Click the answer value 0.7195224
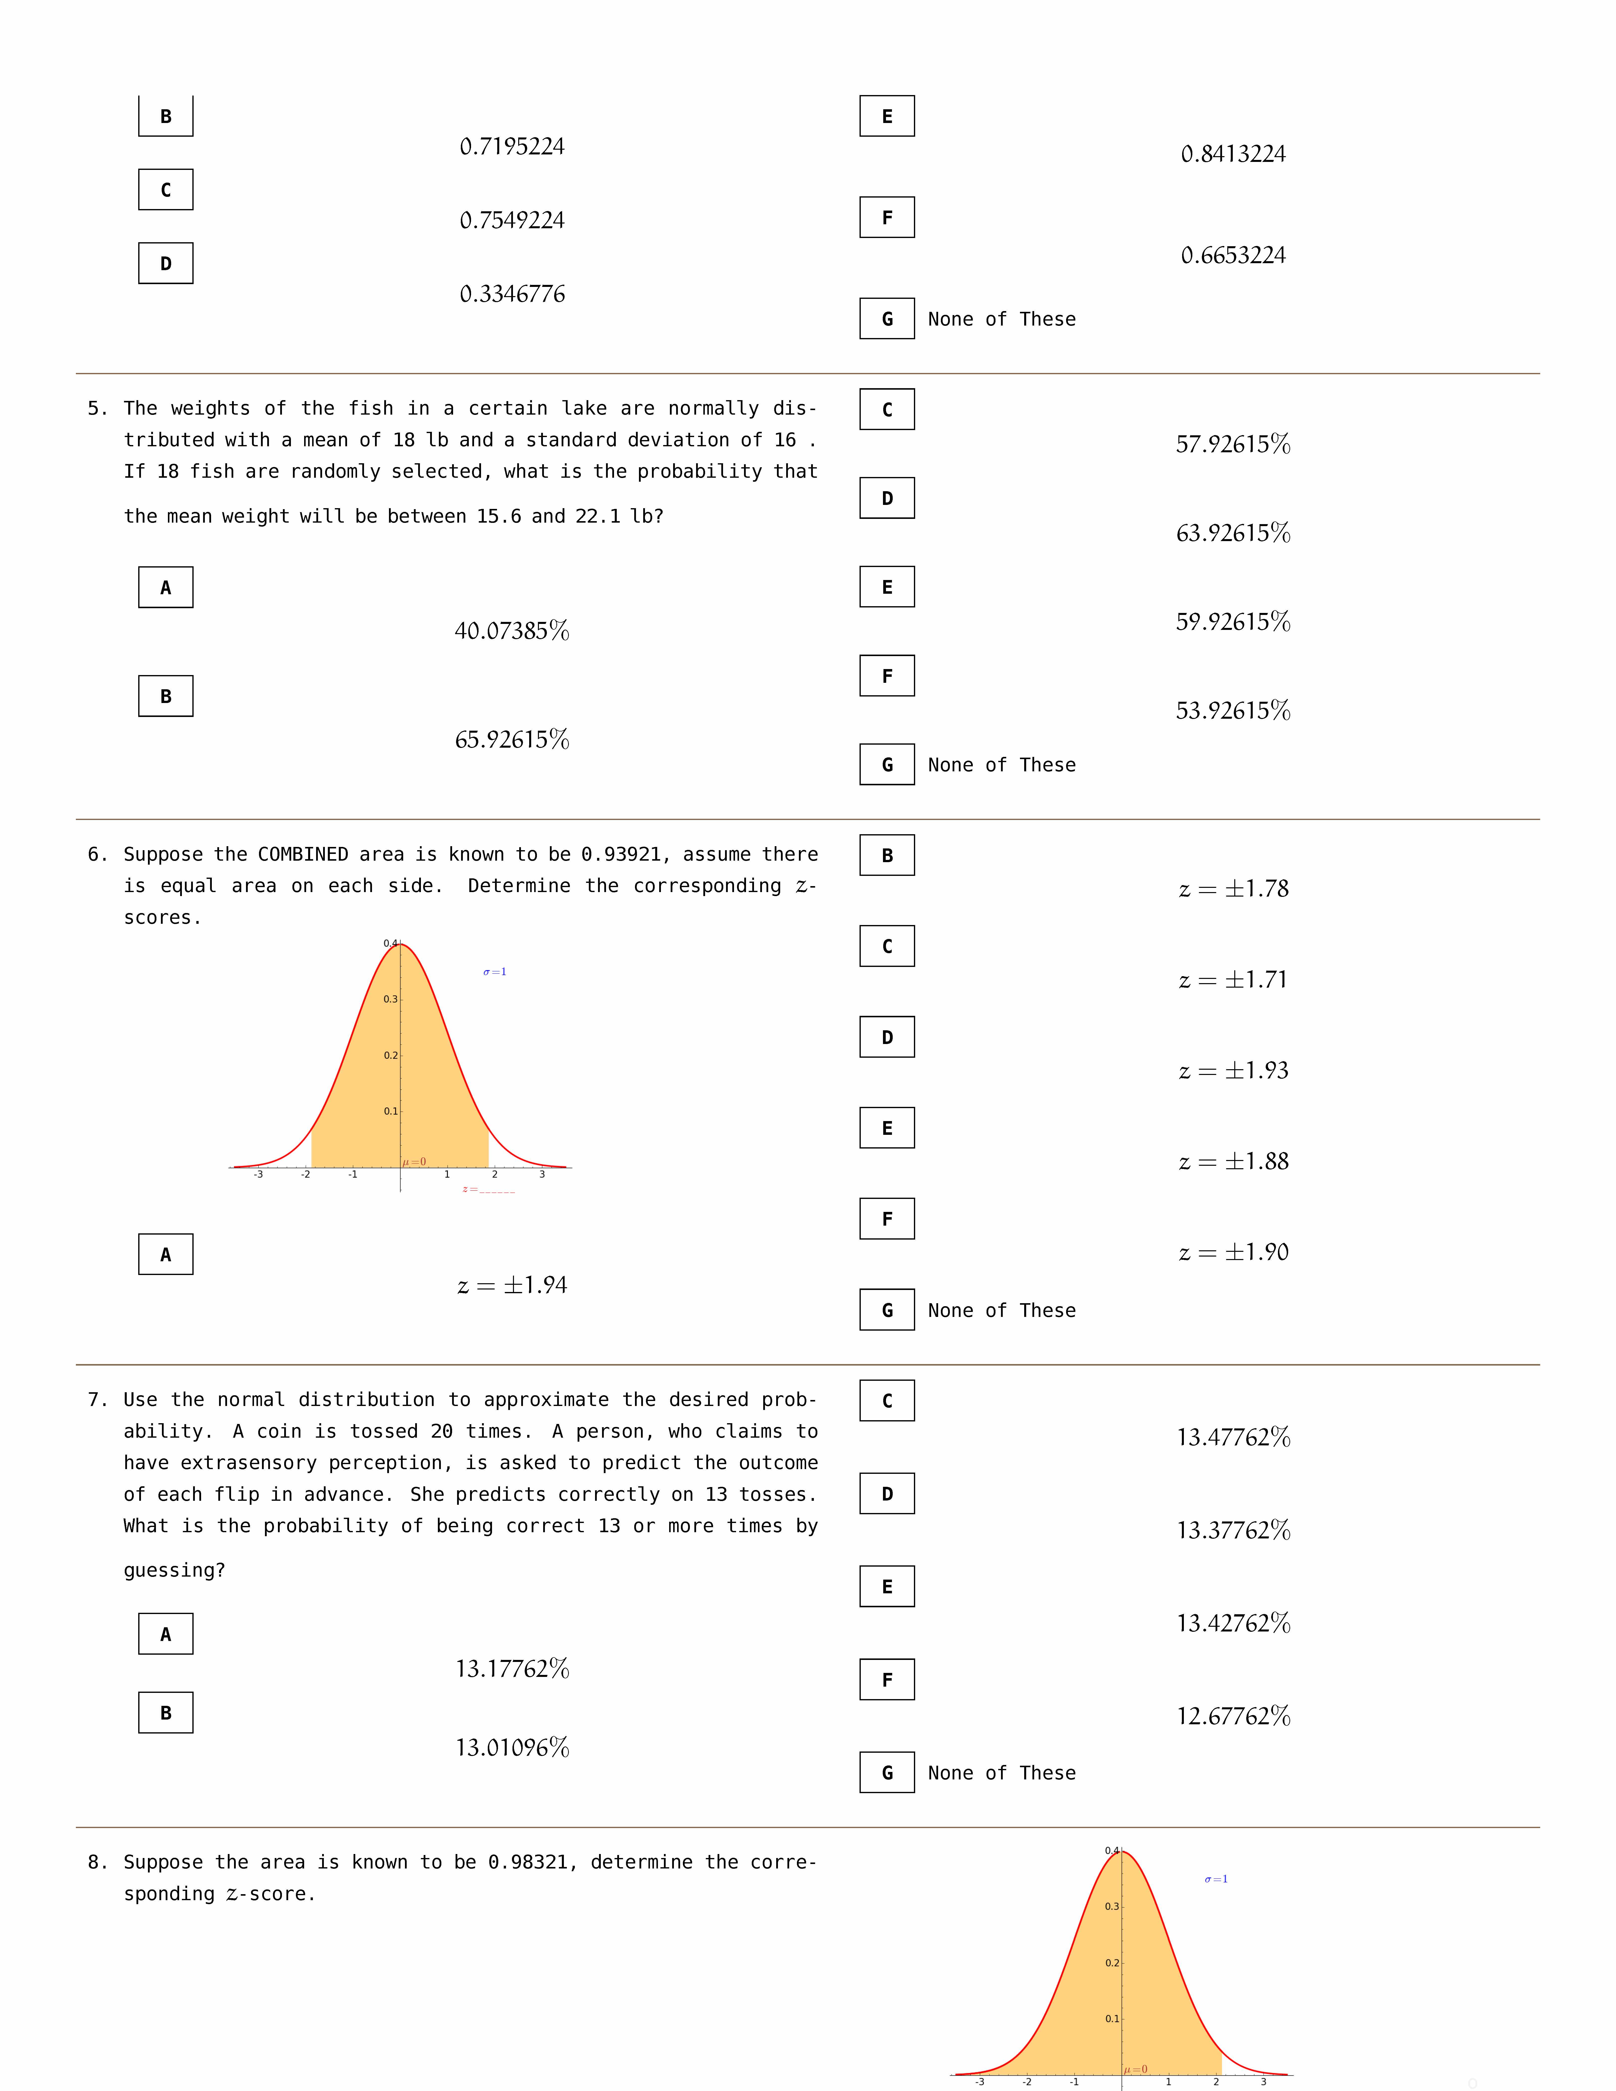[512, 146]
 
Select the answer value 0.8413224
[1233, 154]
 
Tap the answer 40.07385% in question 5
[512, 631]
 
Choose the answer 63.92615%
[1233, 533]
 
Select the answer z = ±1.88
[1233, 1161]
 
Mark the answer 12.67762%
[1233, 1716]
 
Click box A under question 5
[166, 587]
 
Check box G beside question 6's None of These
[886, 1310]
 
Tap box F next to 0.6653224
[886, 217]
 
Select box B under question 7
[166, 1713]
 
